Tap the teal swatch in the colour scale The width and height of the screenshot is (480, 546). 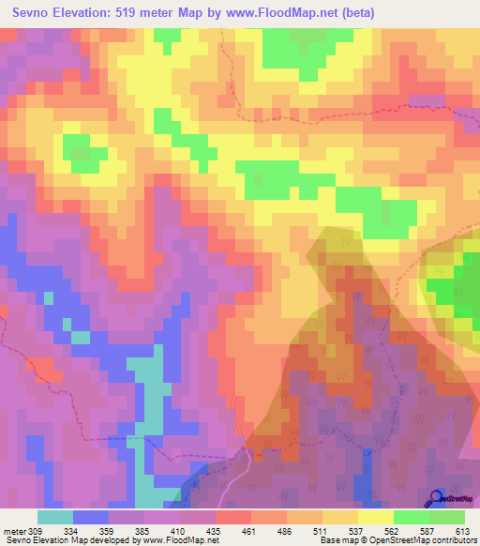pos(55,517)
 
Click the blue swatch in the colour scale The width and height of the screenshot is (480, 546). pos(91,517)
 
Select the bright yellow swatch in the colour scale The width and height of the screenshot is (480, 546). pos(376,517)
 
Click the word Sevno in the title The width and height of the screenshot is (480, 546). pos(32,12)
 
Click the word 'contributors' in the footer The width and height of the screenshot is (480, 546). pos(453,540)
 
